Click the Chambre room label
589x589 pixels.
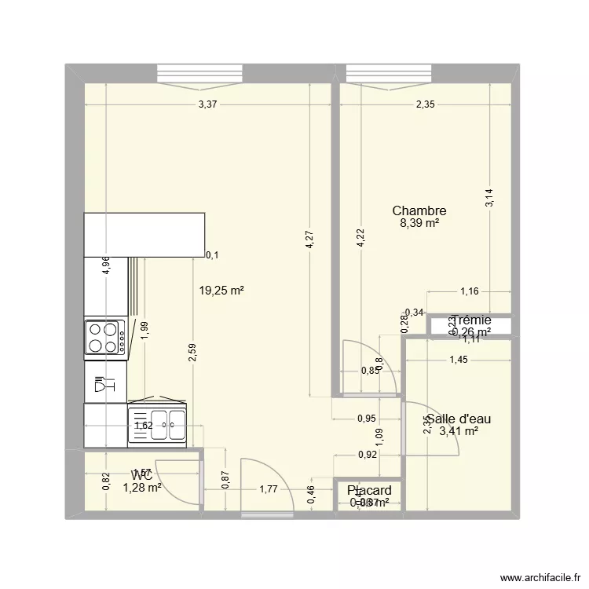419,210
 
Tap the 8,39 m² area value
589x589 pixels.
419,223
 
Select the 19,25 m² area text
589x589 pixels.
221,290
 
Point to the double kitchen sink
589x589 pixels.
159,425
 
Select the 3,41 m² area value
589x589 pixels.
459,430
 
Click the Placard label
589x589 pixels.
369,491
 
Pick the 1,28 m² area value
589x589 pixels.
142,488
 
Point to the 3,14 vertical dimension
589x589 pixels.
490,197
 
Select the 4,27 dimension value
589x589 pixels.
311,239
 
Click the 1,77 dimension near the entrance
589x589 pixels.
269,488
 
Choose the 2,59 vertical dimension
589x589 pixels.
192,353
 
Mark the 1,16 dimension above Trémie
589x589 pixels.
470,292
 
